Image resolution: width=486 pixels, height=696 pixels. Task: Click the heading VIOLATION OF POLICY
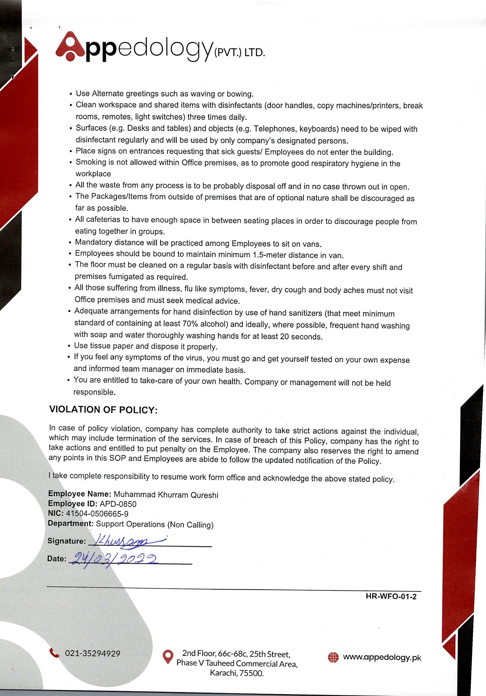103,410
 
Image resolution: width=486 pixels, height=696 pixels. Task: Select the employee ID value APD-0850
118,504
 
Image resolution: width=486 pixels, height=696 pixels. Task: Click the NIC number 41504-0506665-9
97,514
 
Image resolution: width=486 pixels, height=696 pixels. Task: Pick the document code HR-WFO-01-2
391,596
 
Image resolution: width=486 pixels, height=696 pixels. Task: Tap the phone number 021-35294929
92,654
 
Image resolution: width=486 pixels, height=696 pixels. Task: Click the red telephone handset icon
55,653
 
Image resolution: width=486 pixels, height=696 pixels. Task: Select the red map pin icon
168,657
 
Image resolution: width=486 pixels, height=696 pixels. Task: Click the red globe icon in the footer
333,657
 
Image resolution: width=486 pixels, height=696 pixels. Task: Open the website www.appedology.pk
382,657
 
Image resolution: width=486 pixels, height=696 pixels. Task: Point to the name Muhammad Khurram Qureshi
166,495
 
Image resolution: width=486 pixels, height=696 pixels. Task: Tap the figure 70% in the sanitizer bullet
190,323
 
